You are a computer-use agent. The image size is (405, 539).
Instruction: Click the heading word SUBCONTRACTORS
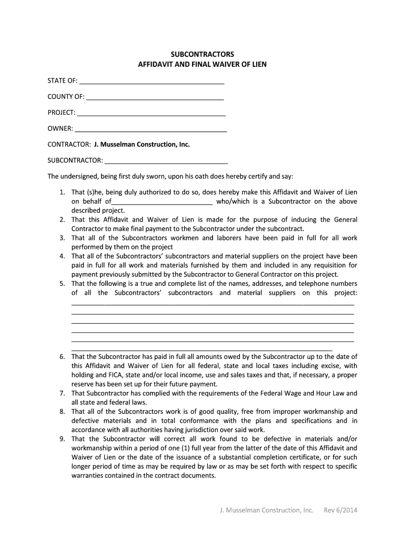click(x=202, y=55)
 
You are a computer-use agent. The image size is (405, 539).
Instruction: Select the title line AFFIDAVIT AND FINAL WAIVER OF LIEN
click(x=202, y=65)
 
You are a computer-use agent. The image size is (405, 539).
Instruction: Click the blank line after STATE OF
click(x=151, y=81)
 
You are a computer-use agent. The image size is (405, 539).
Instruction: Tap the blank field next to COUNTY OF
click(x=155, y=97)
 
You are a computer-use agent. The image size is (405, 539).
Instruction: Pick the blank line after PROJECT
click(x=151, y=113)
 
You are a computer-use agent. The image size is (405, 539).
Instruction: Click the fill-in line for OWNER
click(x=151, y=129)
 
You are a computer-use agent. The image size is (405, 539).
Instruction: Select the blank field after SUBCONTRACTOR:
click(x=166, y=161)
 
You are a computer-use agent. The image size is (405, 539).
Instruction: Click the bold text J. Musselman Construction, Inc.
click(x=141, y=144)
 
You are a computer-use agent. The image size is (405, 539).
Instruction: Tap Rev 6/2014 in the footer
click(x=340, y=510)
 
